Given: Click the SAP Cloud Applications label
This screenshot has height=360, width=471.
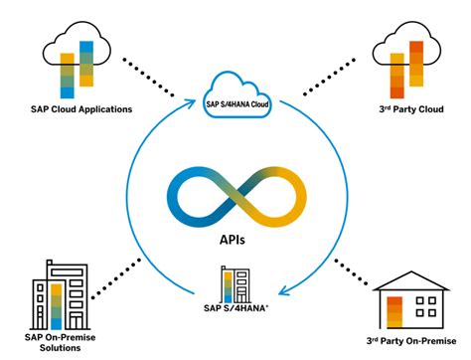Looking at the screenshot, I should click(x=74, y=107).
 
